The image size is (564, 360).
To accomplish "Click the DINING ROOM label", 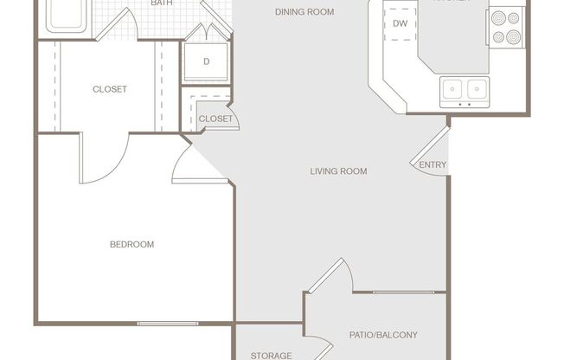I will tap(304, 12).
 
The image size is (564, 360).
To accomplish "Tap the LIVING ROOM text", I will tap(338, 171).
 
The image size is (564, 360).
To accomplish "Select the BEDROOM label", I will tap(131, 244).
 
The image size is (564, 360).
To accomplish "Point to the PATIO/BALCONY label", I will tap(383, 334).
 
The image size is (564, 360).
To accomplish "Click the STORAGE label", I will tap(270, 355).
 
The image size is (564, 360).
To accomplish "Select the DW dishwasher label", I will tap(400, 23).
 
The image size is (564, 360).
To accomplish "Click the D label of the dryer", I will tap(206, 61).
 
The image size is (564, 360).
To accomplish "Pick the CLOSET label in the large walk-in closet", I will tap(110, 89).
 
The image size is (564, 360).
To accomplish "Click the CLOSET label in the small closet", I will tap(215, 119).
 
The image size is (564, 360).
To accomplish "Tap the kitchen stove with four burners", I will tap(506, 28).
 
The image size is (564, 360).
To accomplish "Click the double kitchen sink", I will tap(465, 88).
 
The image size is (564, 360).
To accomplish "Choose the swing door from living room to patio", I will tap(331, 277).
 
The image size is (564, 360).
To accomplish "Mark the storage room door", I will tap(316, 346).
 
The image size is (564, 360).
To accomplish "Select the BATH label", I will tap(161, 3).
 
